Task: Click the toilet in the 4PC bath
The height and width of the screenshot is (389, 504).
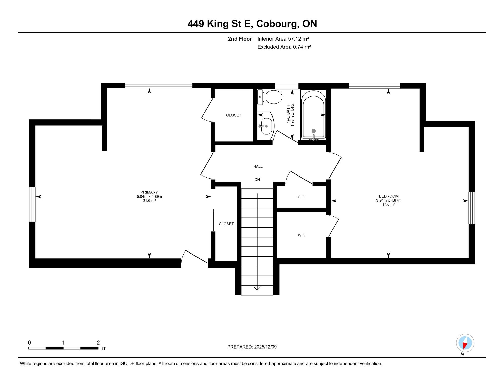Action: pyautogui.click(x=270, y=97)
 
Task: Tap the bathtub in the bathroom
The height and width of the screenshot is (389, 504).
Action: pyautogui.click(x=313, y=114)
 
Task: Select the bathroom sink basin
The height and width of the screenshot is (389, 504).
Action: pyautogui.click(x=266, y=126)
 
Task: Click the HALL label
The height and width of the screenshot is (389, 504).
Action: pyautogui.click(x=258, y=166)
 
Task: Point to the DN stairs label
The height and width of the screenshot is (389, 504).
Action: pyautogui.click(x=257, y=180)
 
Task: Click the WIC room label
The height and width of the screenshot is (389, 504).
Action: pyautogui.click(x=301, y=235)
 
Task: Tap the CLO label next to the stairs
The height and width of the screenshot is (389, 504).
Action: pyautogui.click(x=301, y=197)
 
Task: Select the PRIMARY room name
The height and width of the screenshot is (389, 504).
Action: pyautogui.click(x=149, y=192)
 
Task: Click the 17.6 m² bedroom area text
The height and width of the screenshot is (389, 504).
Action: pyautogui.click(x=388, y=204)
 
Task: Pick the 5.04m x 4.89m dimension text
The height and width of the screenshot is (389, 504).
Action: pyautogui.click(x=149, y=197)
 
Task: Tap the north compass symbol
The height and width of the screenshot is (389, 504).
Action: pyautogui.click(x=465, y=343)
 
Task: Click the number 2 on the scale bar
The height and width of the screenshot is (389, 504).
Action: pyautogui.click(x=98, y=343)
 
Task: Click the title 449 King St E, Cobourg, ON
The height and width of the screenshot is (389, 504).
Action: pyautogui.click(x=252, y=24)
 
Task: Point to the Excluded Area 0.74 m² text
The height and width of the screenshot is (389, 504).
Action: pyautogui.click(x=284, y=47)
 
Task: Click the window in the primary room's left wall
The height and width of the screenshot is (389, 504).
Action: pyautogui.click(x=32, y=204)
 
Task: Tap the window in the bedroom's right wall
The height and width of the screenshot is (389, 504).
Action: pyautogui.click(x=471, y=208)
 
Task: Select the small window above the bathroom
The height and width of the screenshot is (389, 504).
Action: pyautogui.click(x=286, y=86)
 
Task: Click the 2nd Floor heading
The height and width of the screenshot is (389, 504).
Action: pyautogui.click(x=240, y=39)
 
